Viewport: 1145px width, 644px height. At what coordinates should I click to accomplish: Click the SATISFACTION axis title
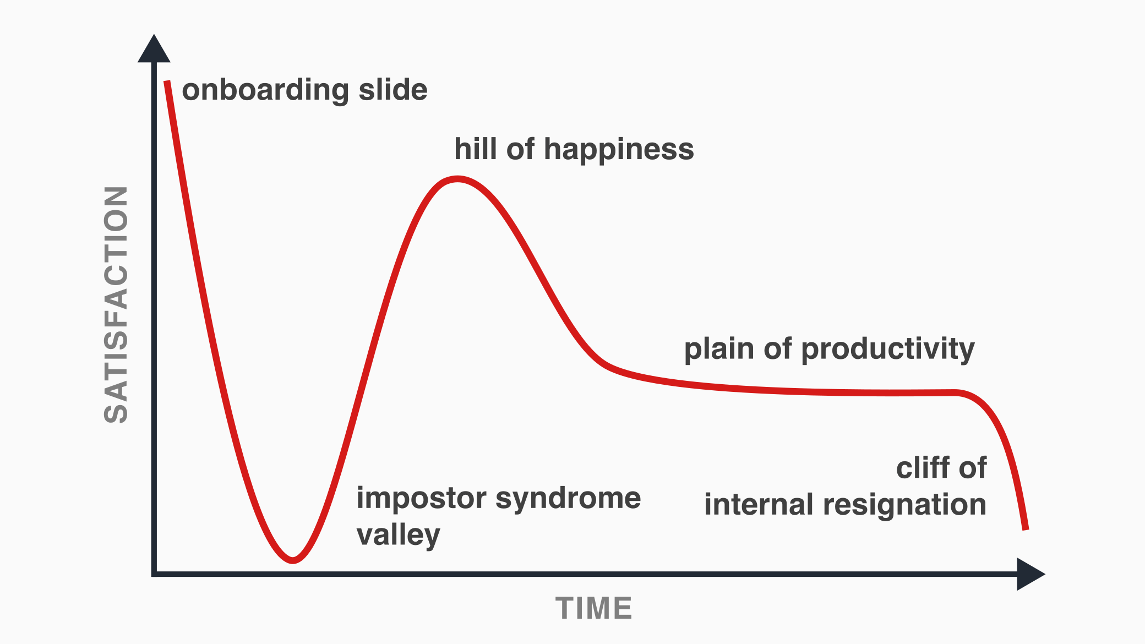tap(116, 304)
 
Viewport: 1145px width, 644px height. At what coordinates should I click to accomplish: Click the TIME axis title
tap(594, 608)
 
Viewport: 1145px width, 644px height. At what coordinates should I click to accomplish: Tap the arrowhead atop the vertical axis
tap(154, 48)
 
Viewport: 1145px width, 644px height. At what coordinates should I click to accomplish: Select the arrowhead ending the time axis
tap(1030, 574)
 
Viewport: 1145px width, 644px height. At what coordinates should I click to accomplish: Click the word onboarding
tap(265, 90)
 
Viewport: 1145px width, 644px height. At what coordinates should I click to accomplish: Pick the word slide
tap(393, 89)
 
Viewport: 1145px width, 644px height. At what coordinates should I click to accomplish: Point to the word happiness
tap(619, 150)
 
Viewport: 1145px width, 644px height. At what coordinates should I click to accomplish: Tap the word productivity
tap(888, 350)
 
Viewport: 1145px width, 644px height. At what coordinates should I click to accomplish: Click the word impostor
tap(422, 499)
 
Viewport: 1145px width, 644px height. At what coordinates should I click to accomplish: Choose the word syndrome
tap(569, 499)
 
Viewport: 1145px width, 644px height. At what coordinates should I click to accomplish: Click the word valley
tap(399, 535)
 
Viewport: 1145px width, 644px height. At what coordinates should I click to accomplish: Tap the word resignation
tap(904, 505)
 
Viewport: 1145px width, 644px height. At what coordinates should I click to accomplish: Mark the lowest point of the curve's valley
tap(293, 560)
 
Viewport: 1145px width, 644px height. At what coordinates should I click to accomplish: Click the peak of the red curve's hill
tap(457, 179)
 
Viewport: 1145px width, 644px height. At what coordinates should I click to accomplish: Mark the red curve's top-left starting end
tap(167, 81)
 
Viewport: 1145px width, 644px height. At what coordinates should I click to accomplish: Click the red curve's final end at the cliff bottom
tap(1026, 529)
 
